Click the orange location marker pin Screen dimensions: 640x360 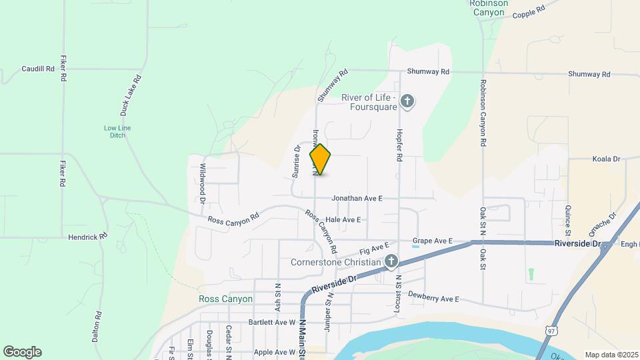[x=320, y=159]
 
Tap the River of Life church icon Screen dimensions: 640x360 [x=408, y=103]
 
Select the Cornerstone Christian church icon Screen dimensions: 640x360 [x=392, y=262]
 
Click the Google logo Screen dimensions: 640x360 [x=22, y=351]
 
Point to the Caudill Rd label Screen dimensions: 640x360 [x=37, y=69]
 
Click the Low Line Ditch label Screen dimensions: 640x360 [x=114, y=131]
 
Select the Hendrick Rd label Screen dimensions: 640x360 [x=88, y=237]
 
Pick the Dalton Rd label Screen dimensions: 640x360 [x=97, y=327]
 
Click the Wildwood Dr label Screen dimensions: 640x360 [x=202, y=183]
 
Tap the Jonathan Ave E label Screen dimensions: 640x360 [x=357, y=198]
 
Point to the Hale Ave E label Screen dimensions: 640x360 [x=343, y=219]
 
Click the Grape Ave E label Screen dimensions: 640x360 [x=433, y=240]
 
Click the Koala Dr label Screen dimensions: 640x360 [x=606, y=159]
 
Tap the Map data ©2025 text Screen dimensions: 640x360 [x=610, y=354]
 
